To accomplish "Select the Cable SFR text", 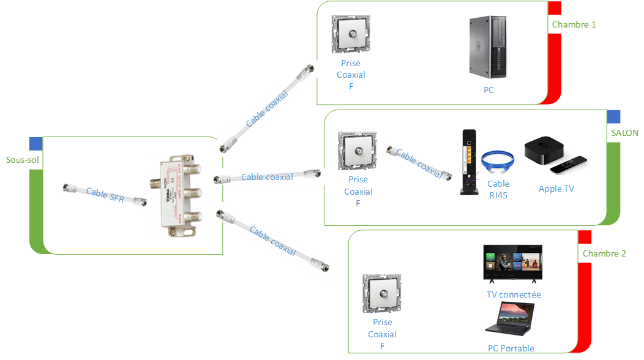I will pos(105,195).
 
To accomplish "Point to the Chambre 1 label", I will pos(574,24).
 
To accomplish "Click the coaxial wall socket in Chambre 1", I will pos(350,34).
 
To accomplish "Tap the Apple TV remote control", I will pos(569,167).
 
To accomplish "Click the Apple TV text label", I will pos(556,189).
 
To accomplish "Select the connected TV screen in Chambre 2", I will pos(513,263).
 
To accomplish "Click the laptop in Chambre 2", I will pos(511,322).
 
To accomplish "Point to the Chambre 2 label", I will pos(604,253).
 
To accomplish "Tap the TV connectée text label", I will pos(514,294).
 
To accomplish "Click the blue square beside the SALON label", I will pos(614,117).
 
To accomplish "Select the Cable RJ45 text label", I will pos(498,189).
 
